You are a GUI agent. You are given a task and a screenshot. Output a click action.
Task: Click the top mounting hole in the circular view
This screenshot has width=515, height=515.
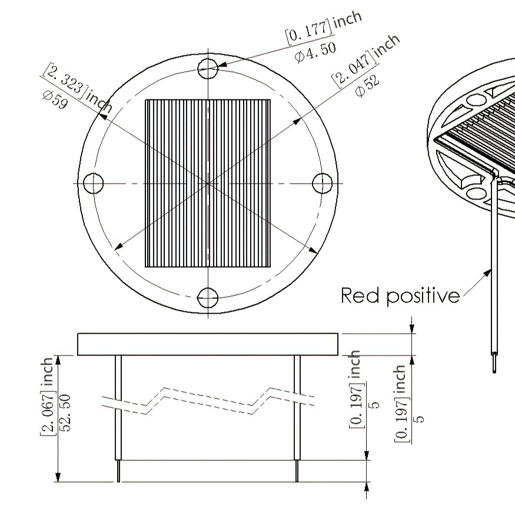[208, 69]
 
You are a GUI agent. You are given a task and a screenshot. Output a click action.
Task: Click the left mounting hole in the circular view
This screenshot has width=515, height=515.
[93, 183]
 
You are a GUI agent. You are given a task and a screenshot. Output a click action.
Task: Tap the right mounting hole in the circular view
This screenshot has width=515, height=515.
[322, 183]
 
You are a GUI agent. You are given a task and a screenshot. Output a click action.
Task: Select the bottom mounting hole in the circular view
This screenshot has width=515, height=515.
[208, 298]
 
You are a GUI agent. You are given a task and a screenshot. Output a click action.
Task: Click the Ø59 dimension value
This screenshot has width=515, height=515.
[55, 100]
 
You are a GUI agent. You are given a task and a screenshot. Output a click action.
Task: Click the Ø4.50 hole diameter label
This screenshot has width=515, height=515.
[315, 52]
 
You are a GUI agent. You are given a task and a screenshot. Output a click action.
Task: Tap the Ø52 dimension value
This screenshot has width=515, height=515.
[367, 86]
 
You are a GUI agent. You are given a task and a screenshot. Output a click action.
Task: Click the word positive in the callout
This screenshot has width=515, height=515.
[423, 297]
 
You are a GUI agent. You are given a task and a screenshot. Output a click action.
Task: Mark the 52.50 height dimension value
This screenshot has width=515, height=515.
[65, 413]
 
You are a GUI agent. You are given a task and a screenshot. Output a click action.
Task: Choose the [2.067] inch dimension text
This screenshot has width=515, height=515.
[46, 397]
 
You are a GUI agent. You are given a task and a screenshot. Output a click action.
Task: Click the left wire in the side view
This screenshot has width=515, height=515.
[118, 418]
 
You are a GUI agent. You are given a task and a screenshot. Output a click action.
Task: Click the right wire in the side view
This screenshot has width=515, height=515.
[297, 418]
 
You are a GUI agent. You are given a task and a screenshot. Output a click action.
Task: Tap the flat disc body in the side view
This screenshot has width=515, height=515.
[208, 344]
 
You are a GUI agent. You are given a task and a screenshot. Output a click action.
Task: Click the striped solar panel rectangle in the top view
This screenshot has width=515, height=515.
[208, 183]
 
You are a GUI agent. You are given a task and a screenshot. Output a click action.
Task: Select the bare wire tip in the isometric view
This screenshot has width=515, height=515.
[494, 364]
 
